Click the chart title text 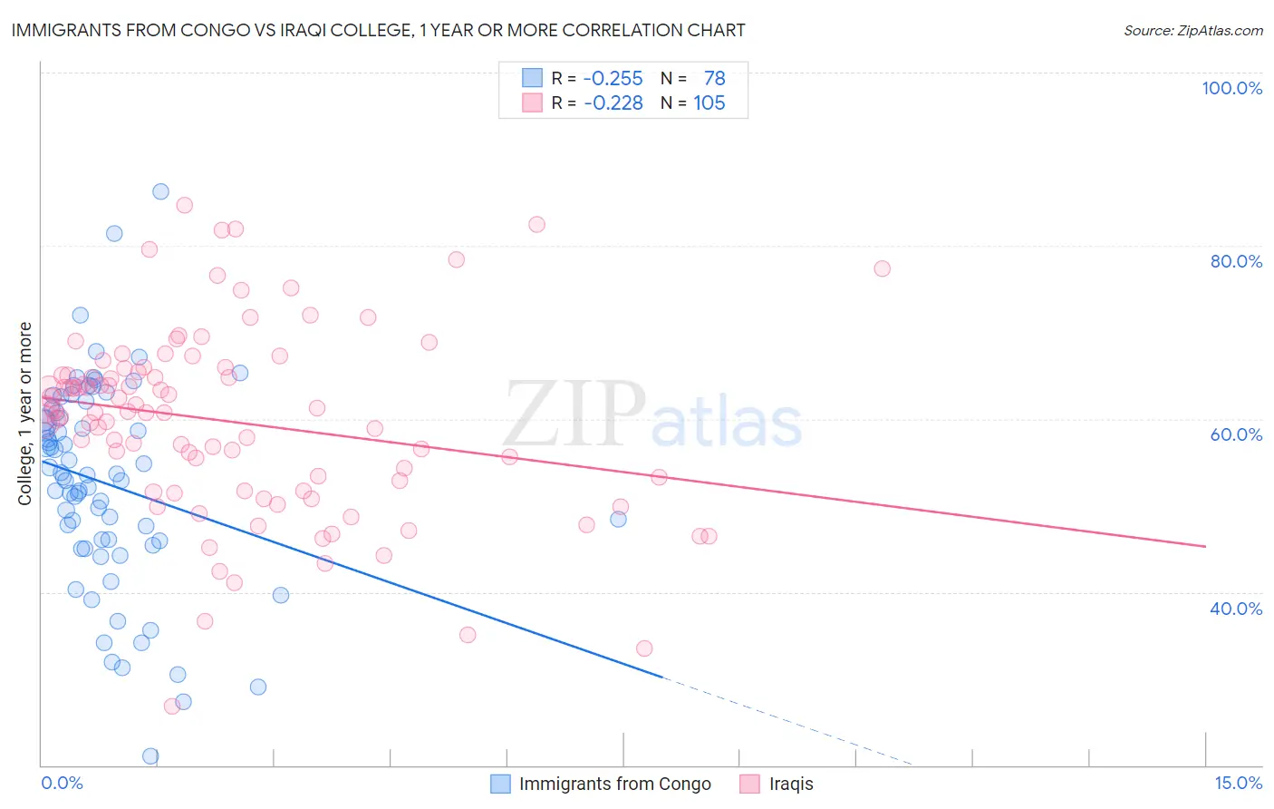pos(378,30)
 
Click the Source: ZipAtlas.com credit pos(1192,30)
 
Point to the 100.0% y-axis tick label pos(1231,88)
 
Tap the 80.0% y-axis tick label pos(1236,261)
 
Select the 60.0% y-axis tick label pos(1236,434)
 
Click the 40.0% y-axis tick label pos(1236,608)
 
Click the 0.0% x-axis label pos(62,783)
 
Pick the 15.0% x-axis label pos(1238,783)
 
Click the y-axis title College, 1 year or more pos(25,414)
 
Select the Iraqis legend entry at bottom pos(790,784)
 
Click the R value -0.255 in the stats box pos(613,78)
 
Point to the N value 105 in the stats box pos(709,102)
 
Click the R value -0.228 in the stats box pos(613,102)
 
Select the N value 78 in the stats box pos(714,78)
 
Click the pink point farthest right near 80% pos(882,268)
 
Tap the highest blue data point pos(160,191)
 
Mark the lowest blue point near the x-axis pos(150,755)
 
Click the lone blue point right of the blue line pos(618,519)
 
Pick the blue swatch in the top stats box pos(531,78)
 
